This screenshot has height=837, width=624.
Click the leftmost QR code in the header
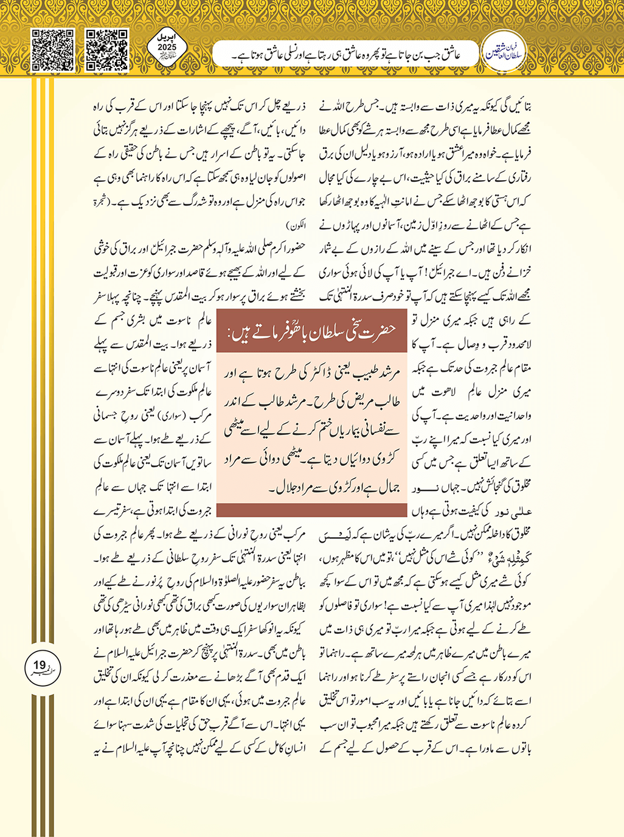[53, 50]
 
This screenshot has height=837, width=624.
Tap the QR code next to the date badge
[107, 50]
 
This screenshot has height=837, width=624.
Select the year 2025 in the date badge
[167, 47]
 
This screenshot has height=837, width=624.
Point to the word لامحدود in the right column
[514, 345]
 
